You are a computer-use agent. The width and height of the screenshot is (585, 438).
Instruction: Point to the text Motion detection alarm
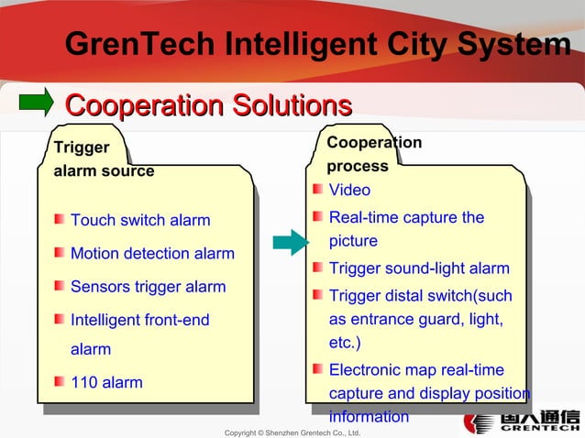pyautogui.click(x=152, y=254)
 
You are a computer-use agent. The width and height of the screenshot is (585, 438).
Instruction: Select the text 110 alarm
pyautogui.click(x=106, y=382)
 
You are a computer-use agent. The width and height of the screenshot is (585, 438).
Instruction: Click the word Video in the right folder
pyautogui.click(x=349, y=191)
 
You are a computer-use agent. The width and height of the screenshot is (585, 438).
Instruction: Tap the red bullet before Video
pyautogui.click(x=317, y=190)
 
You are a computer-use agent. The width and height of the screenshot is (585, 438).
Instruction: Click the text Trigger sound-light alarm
pyautogui.click(x=419, y=268)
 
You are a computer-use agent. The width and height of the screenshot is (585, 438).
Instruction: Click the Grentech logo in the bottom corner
pyautogui.click(x=521, y=422)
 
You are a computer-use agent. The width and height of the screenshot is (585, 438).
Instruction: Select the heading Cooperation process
pyautogui.click(x=374, y=154)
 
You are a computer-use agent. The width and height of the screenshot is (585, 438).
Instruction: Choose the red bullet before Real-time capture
pyautogui.click(x=317, y=217)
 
